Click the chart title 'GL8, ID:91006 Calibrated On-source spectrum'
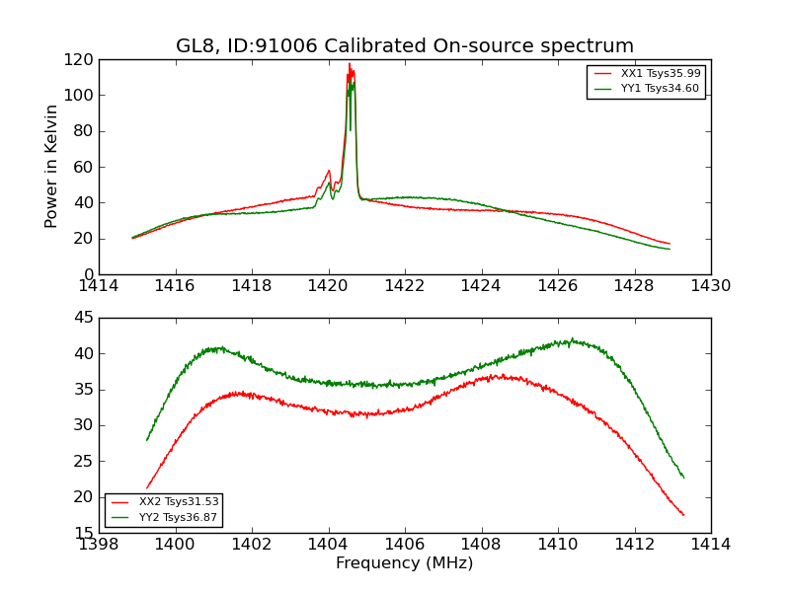point(405,46)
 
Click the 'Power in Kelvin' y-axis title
point(51,166)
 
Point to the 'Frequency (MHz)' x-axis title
point(405,563)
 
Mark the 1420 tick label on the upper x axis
point(328,286)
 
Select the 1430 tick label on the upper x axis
point(710,286)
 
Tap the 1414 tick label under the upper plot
point(100,286)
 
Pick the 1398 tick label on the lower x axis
point(100,545)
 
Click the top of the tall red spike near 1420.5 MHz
point(349,64)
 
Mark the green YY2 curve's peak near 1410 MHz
point(571,339)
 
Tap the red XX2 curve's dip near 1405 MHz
point(367,415)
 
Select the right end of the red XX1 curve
point(670,244)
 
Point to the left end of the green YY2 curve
point(147,440)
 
